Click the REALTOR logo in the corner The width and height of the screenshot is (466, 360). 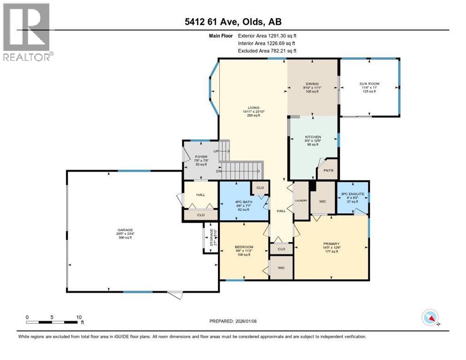point(26,32)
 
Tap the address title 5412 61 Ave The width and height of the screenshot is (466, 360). point(233,22)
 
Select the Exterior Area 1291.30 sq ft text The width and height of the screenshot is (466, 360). point(267,35)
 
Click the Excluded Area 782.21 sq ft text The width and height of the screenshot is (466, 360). point(267,51)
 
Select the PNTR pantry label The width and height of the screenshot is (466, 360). point(327,171)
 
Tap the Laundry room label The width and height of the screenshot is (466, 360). point(301,201)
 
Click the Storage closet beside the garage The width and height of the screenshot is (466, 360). point(208,238)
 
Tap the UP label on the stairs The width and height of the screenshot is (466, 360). point(216,151)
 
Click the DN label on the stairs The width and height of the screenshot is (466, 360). point(218,171)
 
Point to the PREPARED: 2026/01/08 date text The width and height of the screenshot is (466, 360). point(233,321)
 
